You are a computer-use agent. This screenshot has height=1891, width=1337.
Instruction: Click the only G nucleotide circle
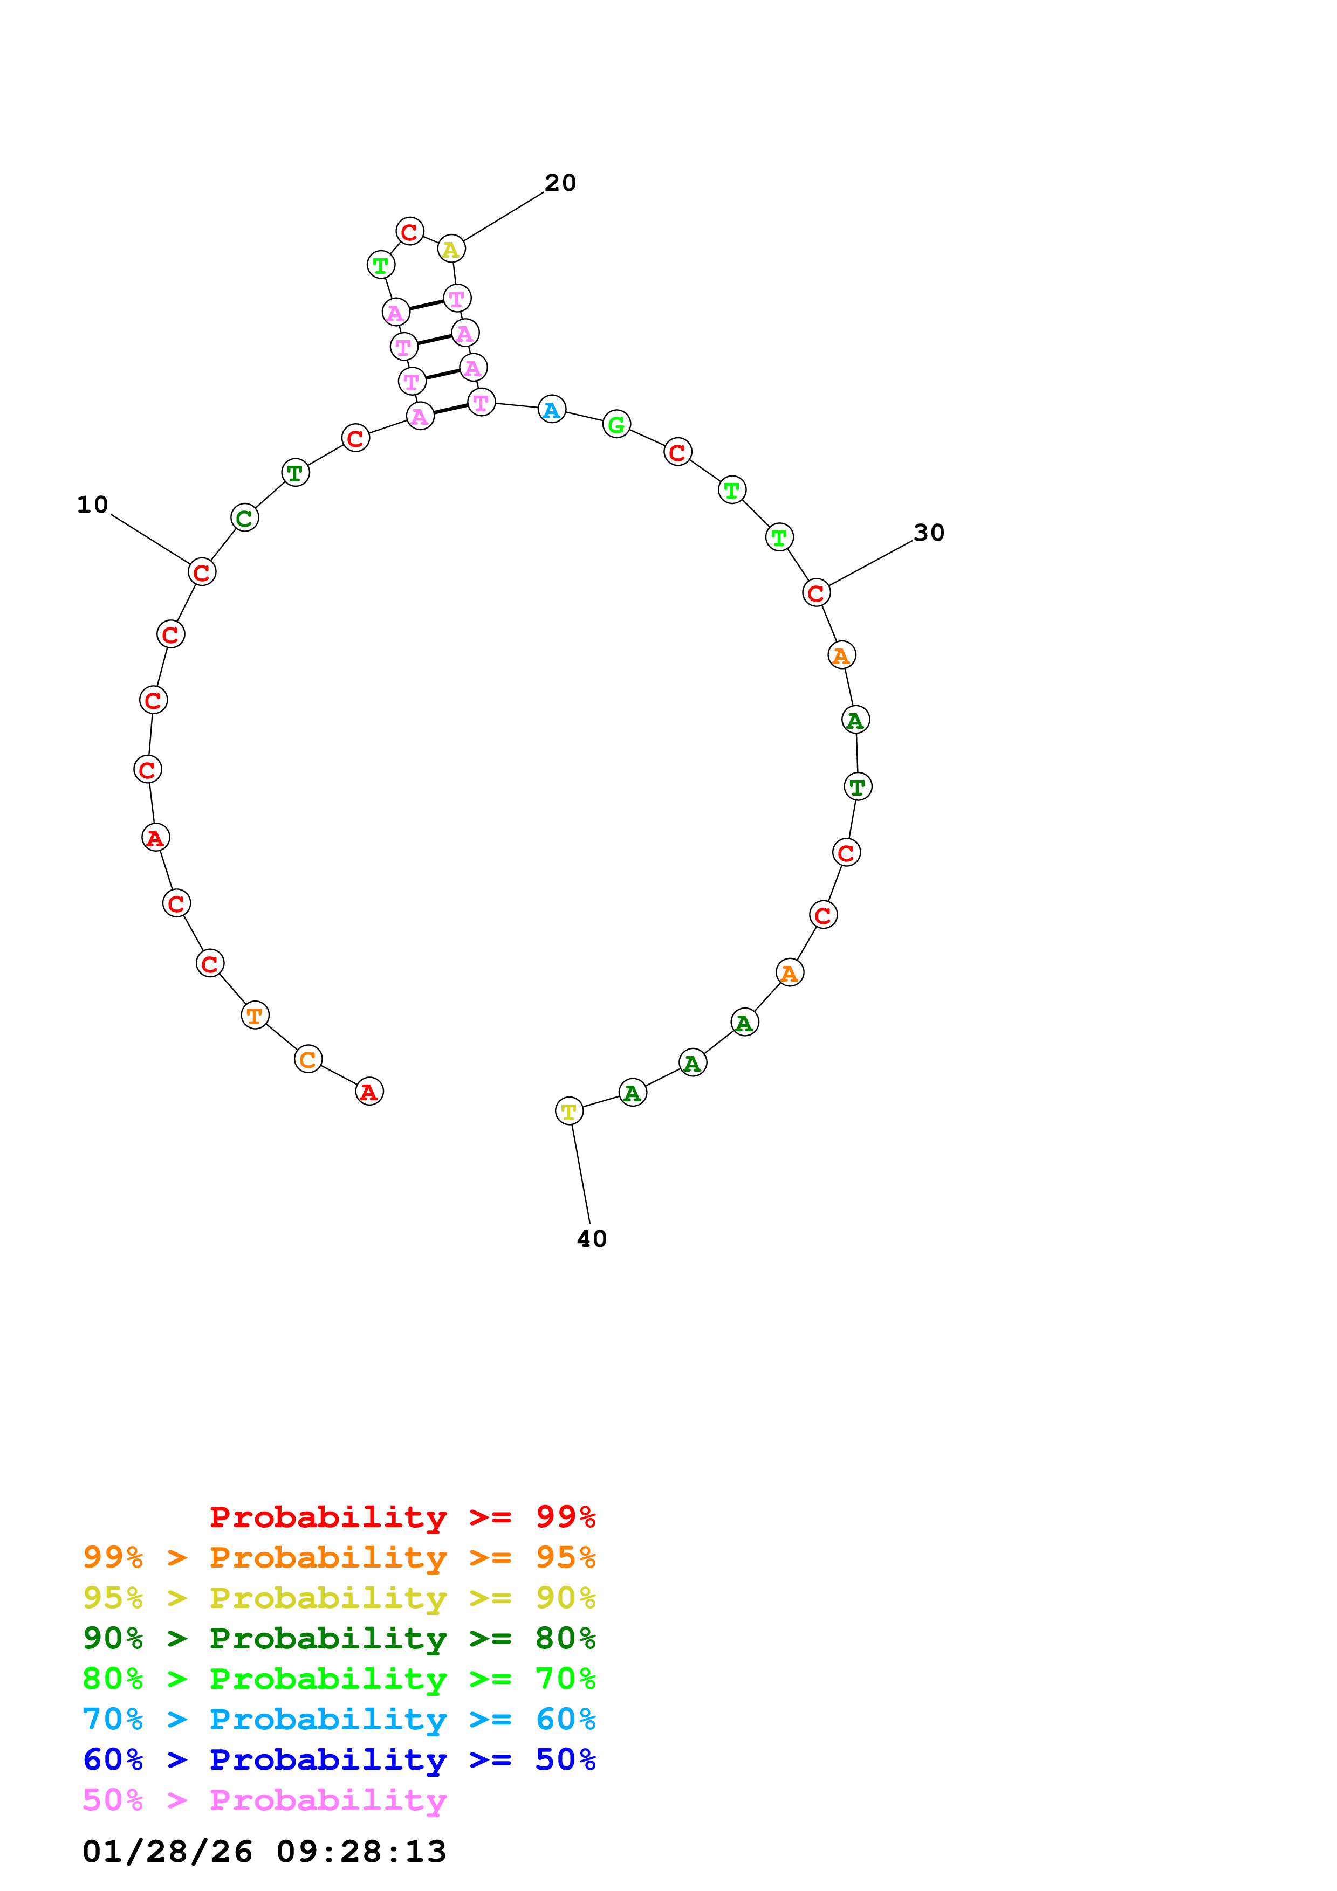point(616,424)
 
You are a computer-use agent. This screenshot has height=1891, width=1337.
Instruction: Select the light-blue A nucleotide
point(552,409)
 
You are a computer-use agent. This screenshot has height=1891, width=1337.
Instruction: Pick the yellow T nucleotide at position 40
point(569,1111)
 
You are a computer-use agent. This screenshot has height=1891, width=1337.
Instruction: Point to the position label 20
point(560,183)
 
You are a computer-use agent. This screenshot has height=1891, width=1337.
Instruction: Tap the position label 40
point(592,1239)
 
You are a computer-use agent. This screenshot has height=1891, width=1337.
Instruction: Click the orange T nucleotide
point(255,1016)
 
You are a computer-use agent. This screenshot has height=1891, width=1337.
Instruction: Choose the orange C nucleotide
point(308,1059)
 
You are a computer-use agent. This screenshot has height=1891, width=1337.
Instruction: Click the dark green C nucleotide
point(245,518)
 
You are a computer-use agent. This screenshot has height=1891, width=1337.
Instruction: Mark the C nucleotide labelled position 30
point(817,592)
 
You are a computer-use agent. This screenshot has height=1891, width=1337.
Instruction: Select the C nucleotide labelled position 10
point(202,571)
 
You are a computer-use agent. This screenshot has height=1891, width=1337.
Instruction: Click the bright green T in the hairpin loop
point(381,265)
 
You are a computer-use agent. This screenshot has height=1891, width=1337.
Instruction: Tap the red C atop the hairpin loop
point(409,231)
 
